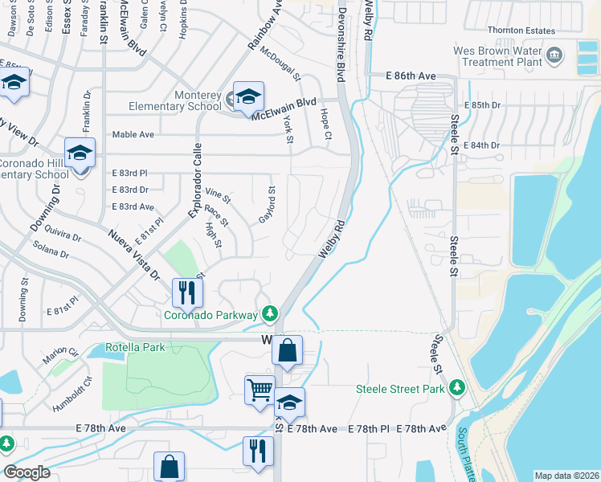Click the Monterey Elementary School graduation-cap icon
pyautogui.click(x=248, y=97)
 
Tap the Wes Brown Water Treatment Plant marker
pyautogui.click(x=554, y=55)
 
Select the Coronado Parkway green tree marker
pyautogui.click(x=272, y=312)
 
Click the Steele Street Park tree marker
pyautogui.click(x=457, y=388)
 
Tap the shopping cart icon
pyautogui.click(x=260, y=390)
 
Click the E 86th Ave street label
pyautogui.click(x=410, y=76)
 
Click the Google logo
pyautogui.click(x=27, y=472)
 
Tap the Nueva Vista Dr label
pyautogui.click(x=133, y=253)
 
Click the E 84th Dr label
pyautogui.click(x=482, y=145)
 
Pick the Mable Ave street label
pyautogui.click(x=133, y=134)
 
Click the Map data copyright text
pyautogui.click(x=566, y=476)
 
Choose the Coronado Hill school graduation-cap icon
pyautogui.click(x=80, y=153)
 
